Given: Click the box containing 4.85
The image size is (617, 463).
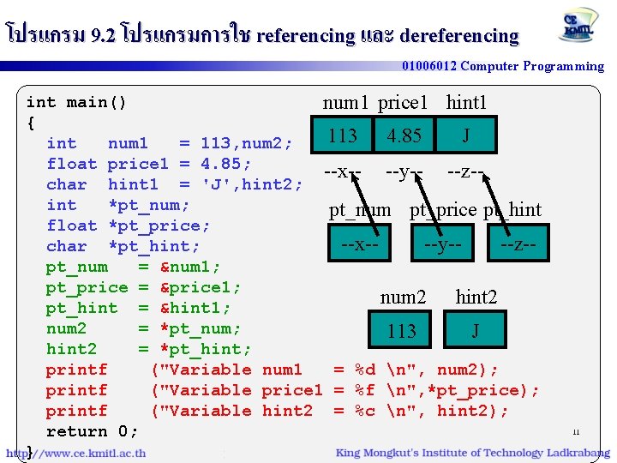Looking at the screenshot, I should [x=404, y=135].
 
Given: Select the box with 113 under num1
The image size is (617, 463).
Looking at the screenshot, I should [x=343, y=135].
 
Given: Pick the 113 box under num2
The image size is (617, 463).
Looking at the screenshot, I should [x=401, y=331].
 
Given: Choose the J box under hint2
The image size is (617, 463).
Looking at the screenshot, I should [x=475, y=331].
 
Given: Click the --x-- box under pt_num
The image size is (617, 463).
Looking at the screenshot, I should [x=359, y=244].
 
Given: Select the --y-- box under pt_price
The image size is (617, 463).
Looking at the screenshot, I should [x=442, y=244].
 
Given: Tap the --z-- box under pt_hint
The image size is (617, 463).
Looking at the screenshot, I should [x=519, y=244].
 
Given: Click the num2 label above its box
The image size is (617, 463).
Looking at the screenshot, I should [x=403, y=298].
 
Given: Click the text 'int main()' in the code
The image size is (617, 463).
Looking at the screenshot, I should [x=77, y=103].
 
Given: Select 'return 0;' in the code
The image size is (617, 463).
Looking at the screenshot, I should [x=91, y=431].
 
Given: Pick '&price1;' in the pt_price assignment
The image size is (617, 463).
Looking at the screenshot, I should [x=201, y=287].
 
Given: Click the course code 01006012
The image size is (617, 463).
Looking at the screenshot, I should [x=430, y=66].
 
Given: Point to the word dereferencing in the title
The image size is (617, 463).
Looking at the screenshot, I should [x=459, y=36].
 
